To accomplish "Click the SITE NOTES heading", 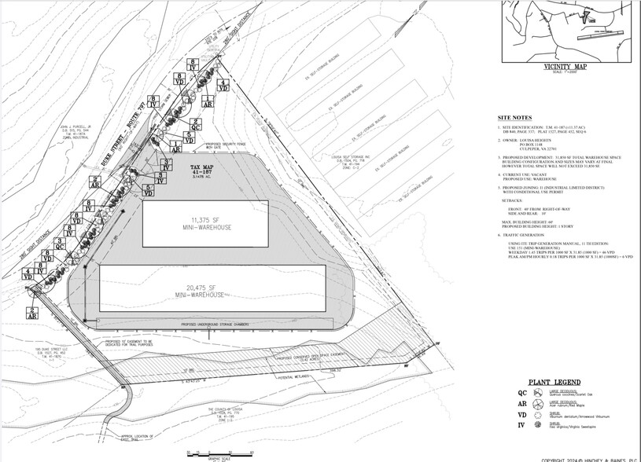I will pyautogui.click(x=515, y=118).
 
